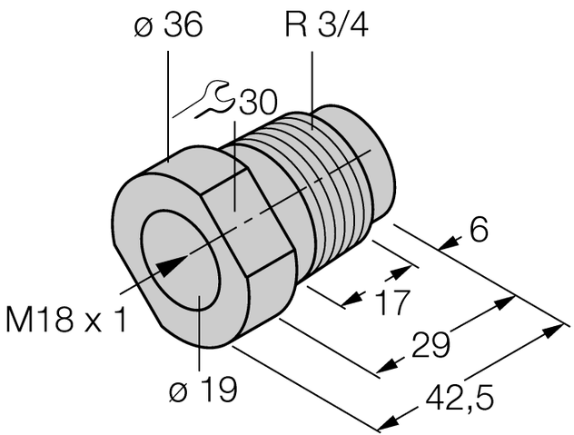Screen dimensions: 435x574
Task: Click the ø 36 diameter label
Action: pyautogui.click(x=168, y=28)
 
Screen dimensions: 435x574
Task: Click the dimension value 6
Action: pyautogui.click(x=479, y=231)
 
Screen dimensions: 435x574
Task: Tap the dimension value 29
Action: pyautogui.click(x=431, y=346)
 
